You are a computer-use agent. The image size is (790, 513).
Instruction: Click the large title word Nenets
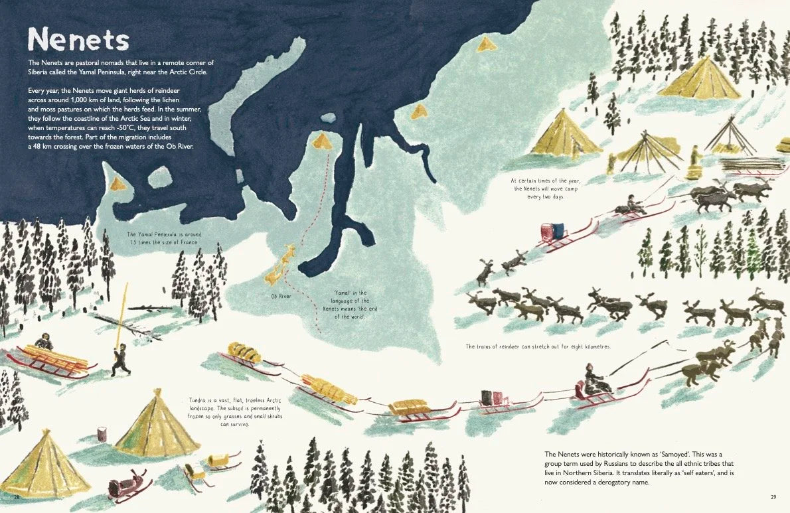[x=78, y=39]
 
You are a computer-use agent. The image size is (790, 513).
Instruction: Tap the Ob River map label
[x=280, y=296]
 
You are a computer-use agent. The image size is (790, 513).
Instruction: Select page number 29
[x=773, y=496]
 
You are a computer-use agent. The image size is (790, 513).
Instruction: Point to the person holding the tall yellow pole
[x=121, y=358]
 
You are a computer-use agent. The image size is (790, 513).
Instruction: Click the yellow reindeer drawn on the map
[x=281, y=263]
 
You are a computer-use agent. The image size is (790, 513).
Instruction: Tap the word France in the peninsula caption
[x=188, y=242]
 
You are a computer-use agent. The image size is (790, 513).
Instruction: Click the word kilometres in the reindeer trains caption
[x=593, y=346]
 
